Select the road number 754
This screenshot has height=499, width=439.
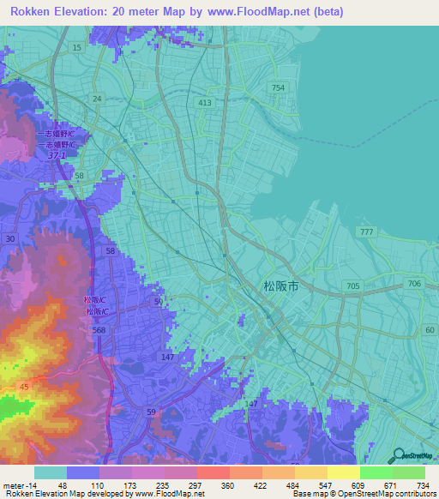coord(278,88)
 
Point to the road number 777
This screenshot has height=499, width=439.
coord(368,233)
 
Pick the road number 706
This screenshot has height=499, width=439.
coord(415,284)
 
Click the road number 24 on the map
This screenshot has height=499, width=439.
coord(97,99)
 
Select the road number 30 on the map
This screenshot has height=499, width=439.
coord(11,238)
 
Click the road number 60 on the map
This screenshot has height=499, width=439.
coord(430,330)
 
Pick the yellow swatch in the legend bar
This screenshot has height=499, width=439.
coord(343,472)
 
